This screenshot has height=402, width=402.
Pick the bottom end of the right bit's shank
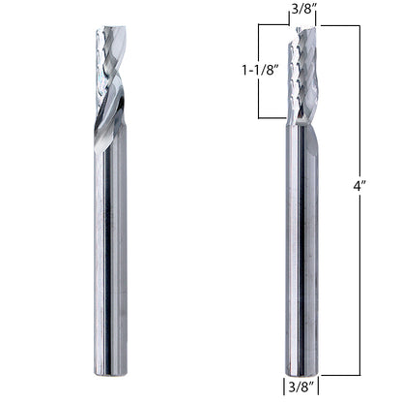coord(301,372)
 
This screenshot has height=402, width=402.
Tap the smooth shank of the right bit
coord(301,252)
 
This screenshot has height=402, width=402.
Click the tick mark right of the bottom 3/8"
coord(318,389)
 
